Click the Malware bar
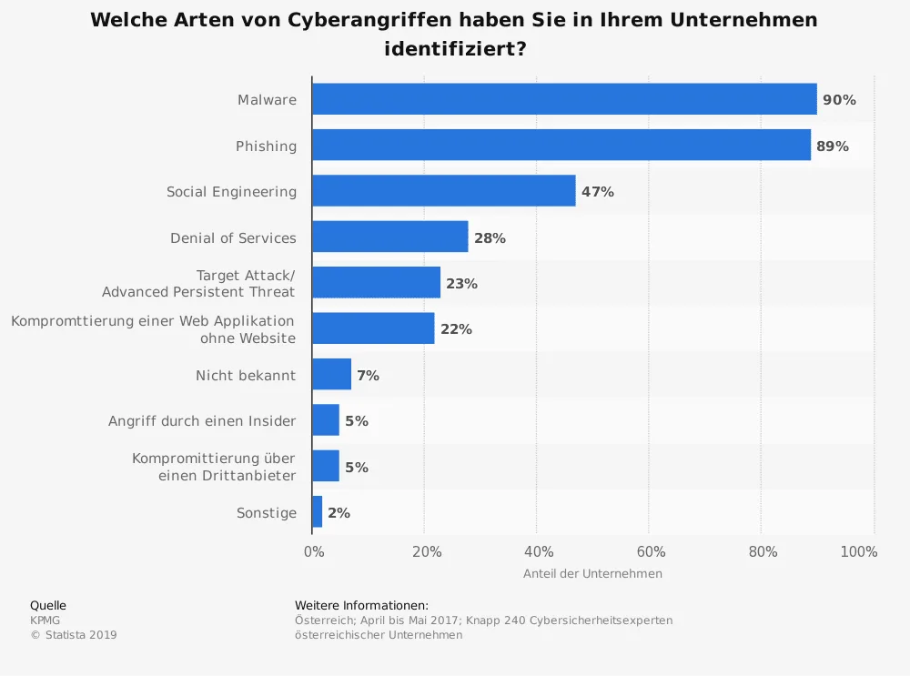564,99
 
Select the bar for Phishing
561,146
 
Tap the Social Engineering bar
444,191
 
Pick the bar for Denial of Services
390,237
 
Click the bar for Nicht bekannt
331,375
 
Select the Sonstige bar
318,512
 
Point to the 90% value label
839,100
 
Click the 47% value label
598,192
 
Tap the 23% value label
461,284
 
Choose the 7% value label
368,376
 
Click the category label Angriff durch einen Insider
202,421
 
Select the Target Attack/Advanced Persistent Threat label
198,283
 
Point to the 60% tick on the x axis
651,551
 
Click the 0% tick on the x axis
313,551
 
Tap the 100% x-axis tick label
859,551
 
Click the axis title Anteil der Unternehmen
592,574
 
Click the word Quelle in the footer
48,606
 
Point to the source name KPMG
45,621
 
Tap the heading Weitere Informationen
361,606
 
